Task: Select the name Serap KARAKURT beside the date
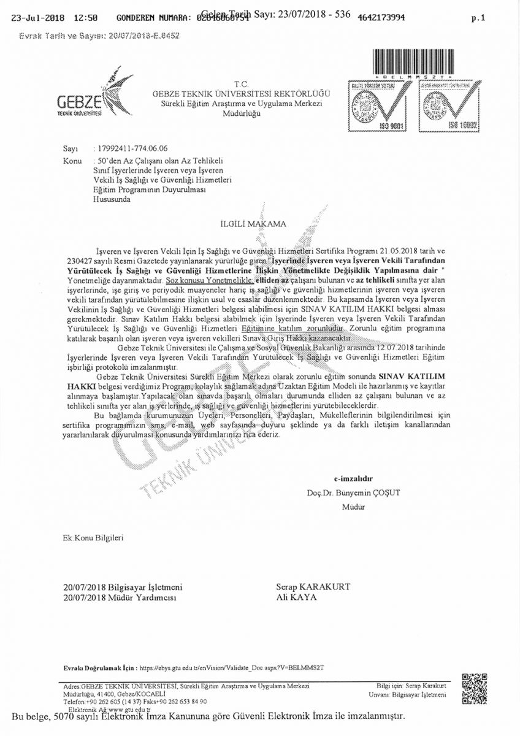313,587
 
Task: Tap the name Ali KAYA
297,596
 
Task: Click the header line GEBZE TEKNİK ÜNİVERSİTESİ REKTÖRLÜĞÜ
242,93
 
